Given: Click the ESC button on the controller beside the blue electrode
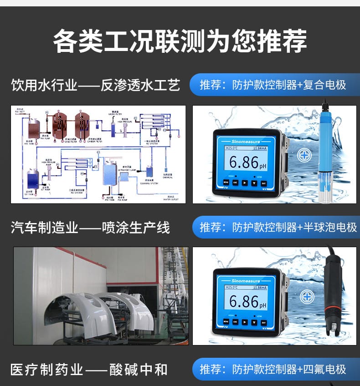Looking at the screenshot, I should [235, 183].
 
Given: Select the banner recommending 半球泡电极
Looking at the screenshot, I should [275, 227].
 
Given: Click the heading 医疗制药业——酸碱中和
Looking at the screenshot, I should [89, 369].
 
